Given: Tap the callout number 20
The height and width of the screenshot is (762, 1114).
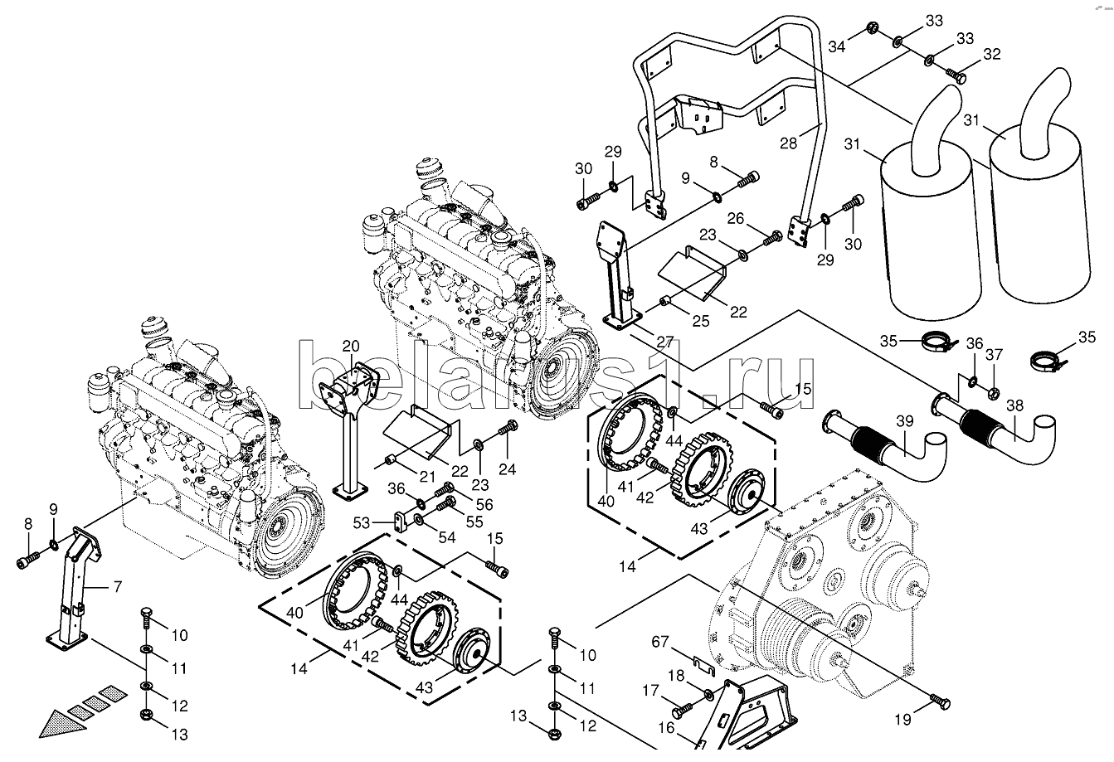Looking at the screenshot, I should click(351, 347).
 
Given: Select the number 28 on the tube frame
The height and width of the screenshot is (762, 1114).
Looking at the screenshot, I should click(788, 143).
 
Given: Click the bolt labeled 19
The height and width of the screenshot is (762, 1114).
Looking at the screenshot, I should click(939, 701).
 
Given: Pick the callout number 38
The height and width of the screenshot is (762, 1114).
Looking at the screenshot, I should click(1014, 406).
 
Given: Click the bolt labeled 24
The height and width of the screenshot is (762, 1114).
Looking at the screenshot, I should click(508, 430).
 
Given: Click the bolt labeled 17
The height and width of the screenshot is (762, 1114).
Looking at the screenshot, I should click(679, 709).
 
